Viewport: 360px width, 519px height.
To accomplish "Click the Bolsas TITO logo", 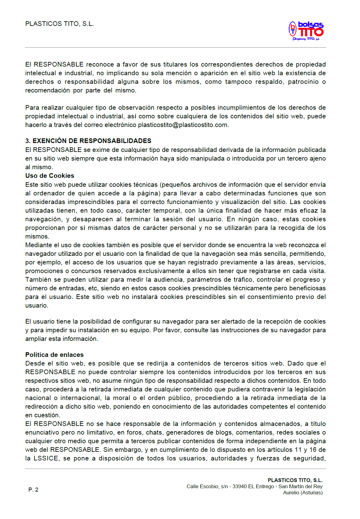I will pyautogui.click(x=306, y=31).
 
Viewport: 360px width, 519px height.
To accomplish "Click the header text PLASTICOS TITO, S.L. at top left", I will pyautogui.click(x=59, y=24).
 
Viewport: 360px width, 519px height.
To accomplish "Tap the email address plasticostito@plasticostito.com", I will pyautogui.click(x=183, y=125).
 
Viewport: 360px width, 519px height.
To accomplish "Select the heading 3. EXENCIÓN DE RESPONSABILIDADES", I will pyautogui.click(x=88, y=141).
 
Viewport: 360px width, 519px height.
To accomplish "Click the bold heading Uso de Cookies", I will pyautogui.click(x=50, y=176).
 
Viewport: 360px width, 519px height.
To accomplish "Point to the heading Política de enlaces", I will pyautogui.click(x=54, y=355).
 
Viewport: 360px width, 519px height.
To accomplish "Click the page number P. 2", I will pyautogui.click(x=33, y=490).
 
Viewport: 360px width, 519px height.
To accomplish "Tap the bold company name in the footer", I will pyautogui.click(x=295, y=480).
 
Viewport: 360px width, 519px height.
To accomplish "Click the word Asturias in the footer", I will pyautogui.click(x=311, y=492).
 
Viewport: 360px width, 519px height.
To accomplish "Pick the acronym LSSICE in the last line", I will pyautogui.click(x=46, y=458).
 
